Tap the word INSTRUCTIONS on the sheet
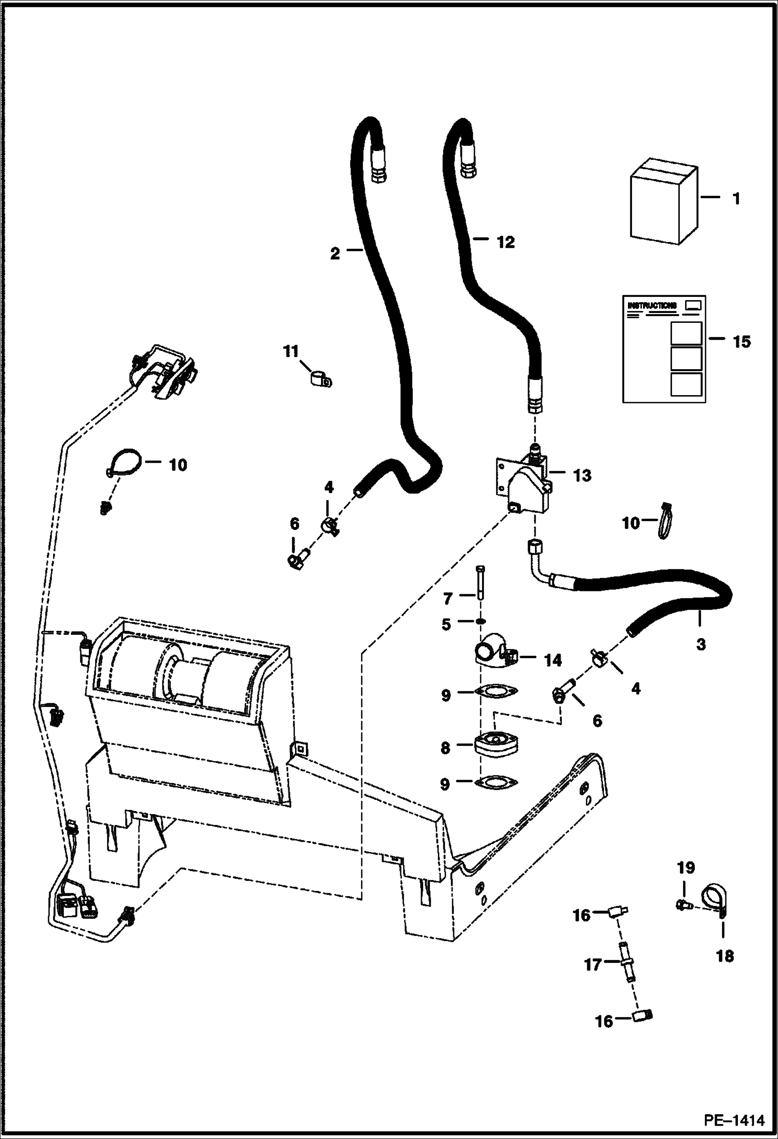coord(652,305)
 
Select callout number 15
coord(741,342)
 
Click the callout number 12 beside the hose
coord(505,242)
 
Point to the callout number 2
coord(335,254)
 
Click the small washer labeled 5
coord(481,622)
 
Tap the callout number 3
coord(701,644)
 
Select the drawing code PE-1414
coord(734,1121)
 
